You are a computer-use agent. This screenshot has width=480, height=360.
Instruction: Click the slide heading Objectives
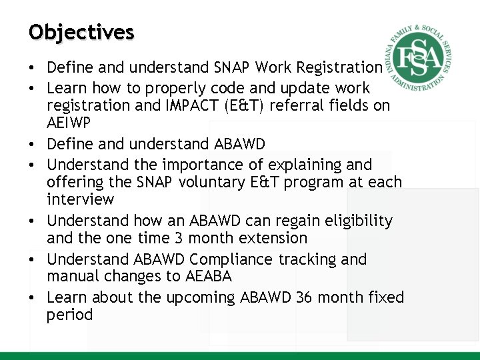(81, 32)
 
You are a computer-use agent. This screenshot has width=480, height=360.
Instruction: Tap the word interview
(81, 199)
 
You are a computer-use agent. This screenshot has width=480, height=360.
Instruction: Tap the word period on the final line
(69, 315)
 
